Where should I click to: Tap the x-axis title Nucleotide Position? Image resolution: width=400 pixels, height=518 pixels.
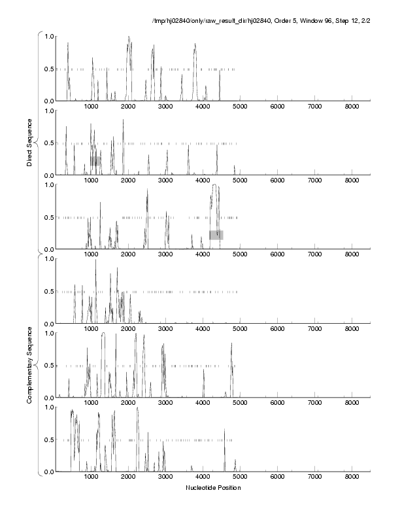coord(213,487)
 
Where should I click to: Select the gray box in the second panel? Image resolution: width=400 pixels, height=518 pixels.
coord(96,160)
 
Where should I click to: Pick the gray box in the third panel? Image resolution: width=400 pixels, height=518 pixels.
coord(216,235)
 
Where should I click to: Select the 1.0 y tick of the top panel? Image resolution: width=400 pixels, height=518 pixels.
coord(48,36)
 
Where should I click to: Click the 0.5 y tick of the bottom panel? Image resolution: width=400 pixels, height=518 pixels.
coord(48,440)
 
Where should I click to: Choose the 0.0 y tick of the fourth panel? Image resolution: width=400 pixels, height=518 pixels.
coord(48,324)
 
